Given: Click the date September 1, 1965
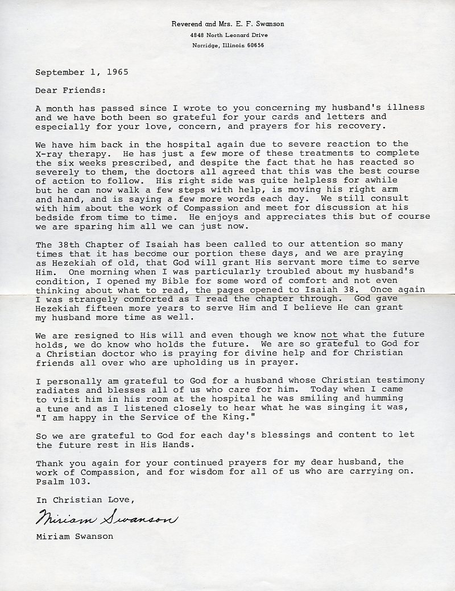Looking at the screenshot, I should pyautogui.click(x=82, y=72).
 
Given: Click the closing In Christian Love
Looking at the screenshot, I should pyautogui.click(x=85, y=500).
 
